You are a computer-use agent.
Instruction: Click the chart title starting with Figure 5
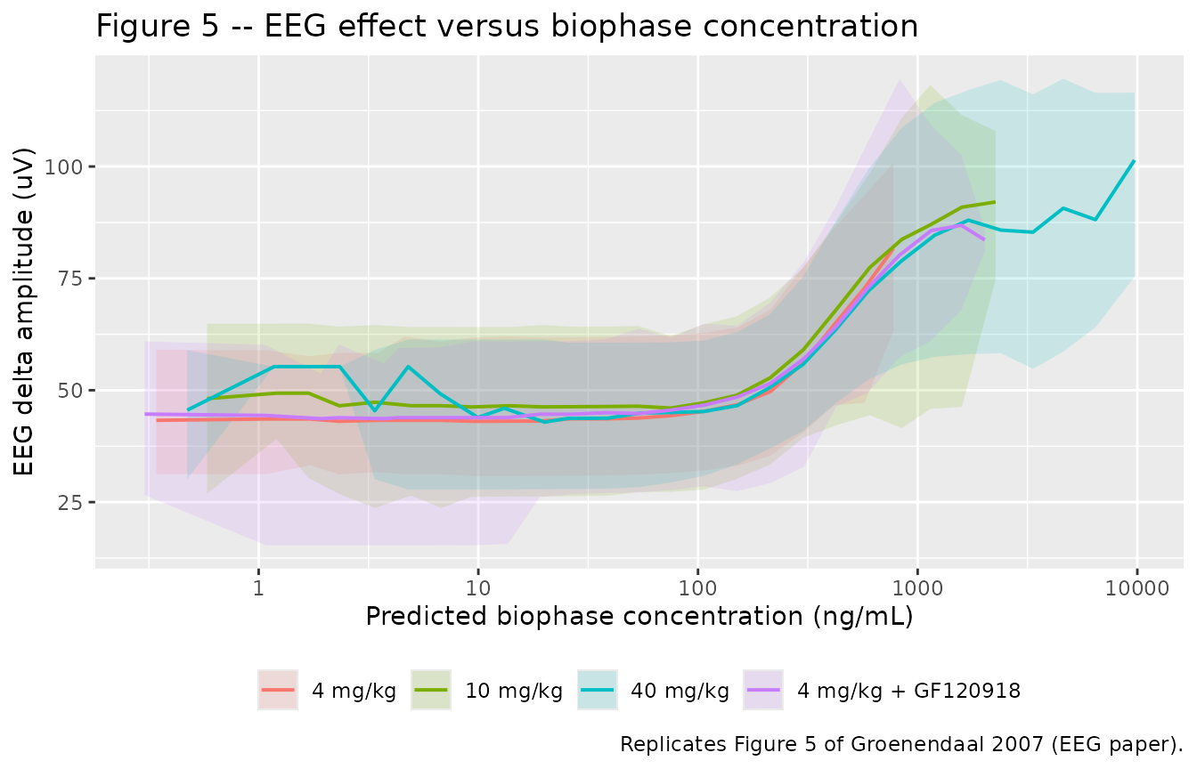click(507, 26)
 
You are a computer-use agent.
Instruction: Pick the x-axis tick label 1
click(258, 588)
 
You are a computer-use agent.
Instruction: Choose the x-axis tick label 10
click(478, 588)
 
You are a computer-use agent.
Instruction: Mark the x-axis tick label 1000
click(917, 588)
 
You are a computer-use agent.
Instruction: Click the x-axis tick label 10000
click(1137, 588)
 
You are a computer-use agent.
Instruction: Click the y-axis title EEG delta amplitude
click(23, 312)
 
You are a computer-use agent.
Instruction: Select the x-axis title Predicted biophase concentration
click(639, 616)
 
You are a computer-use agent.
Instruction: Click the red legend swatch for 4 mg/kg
click(278, 690)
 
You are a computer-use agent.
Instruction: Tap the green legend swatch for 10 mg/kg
click(431, 690)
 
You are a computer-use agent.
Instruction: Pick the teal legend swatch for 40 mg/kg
click(598, 690)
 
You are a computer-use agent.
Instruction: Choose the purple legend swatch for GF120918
click(763, 690)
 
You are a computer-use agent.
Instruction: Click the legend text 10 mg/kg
click(514, 691)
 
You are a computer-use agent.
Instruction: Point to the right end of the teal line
click(1134, 160)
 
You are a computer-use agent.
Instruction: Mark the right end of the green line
click(995, 202)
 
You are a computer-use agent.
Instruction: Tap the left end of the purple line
click(145, 414)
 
